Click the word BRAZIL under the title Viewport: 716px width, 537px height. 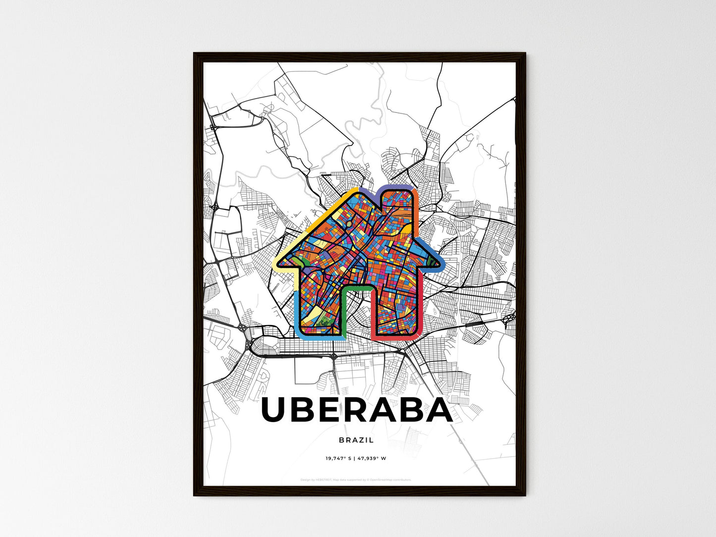(357, 440)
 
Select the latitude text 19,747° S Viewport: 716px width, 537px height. (338, 458)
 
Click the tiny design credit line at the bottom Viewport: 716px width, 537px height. (356, 480)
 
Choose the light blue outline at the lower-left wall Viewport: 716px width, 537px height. (296, 312)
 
